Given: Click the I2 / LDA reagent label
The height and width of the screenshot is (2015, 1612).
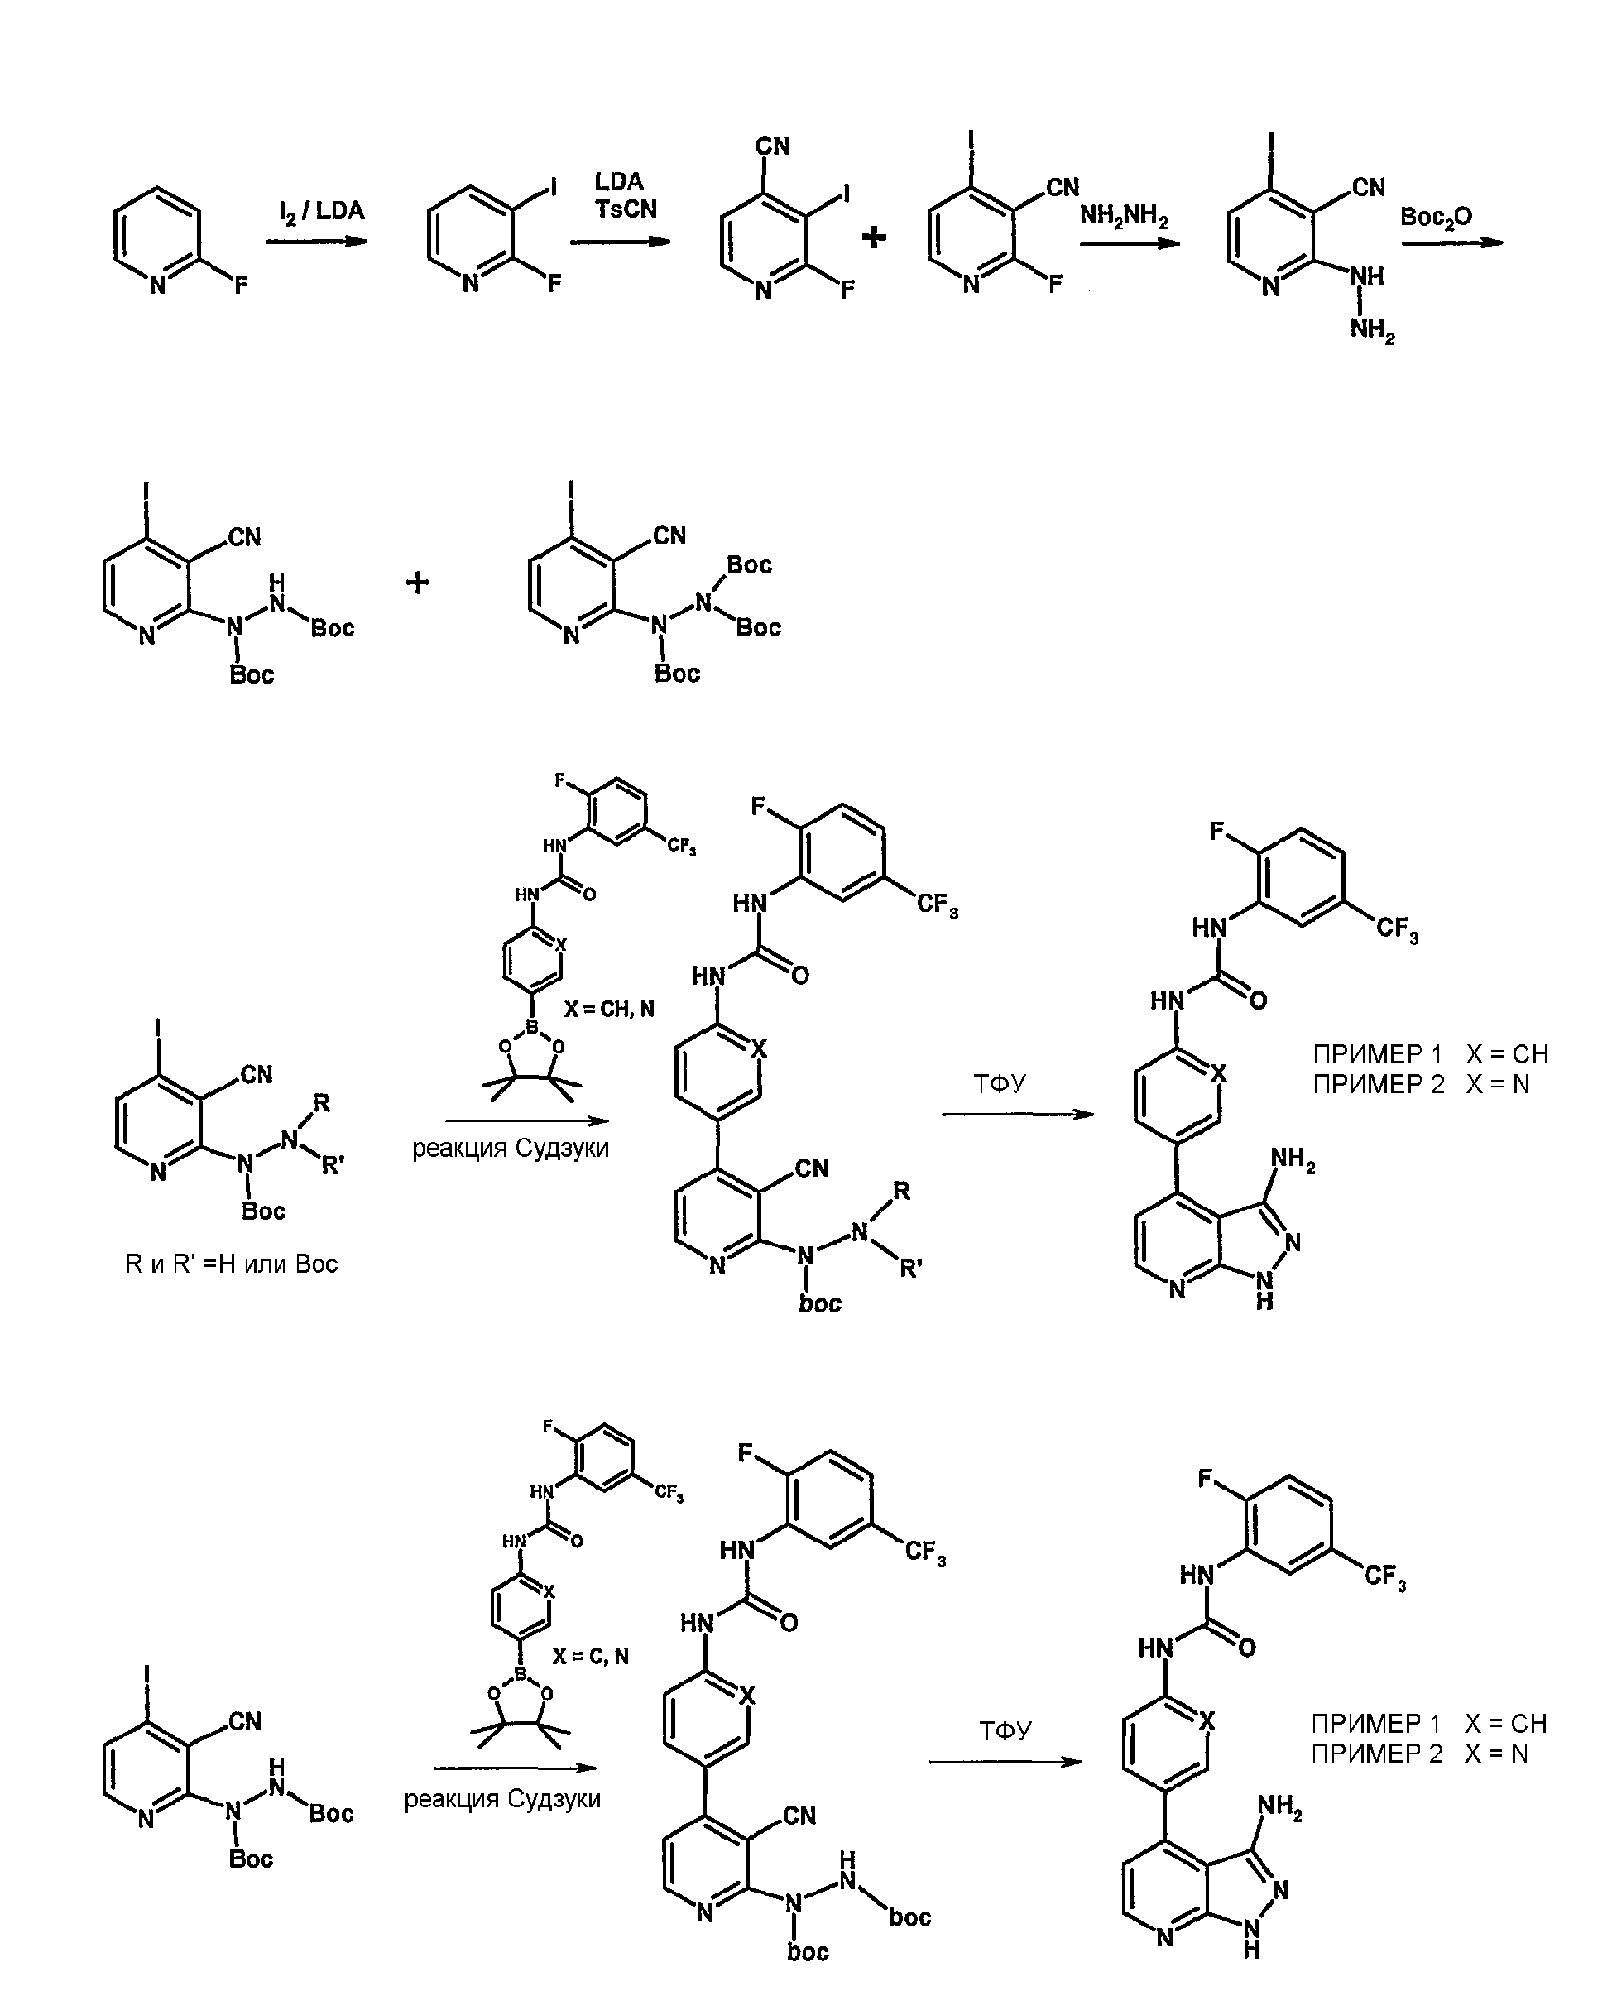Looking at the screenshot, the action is pos(321,211).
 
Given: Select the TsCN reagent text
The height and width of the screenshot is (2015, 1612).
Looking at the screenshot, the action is pos(626,209).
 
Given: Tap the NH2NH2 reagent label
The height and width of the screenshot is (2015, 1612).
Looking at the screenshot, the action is pos(1125,216).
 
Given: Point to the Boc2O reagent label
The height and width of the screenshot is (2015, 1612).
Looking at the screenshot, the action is pos(1437,218).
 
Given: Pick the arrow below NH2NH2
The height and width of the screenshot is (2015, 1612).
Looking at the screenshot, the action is pos(1130,244).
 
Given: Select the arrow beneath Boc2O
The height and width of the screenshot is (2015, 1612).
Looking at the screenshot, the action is pos(1452,243).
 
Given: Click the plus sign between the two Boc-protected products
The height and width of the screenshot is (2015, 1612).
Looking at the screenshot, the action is pos(418,583).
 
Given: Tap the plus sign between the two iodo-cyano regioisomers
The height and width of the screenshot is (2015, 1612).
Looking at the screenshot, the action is pos(874,237).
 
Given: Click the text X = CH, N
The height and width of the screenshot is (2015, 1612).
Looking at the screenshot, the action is pos(609,1010).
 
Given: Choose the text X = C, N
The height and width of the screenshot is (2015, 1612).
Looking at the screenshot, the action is pos(591,1656).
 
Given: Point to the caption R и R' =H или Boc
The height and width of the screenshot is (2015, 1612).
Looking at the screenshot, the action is pos(231,1264).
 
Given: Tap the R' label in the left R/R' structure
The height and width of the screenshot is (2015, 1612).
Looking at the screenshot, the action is pos(333,1165).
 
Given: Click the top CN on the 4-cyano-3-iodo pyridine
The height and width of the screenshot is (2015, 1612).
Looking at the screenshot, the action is pos(773,146).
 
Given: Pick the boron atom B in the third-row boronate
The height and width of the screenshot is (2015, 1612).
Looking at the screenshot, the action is pos(533,1027).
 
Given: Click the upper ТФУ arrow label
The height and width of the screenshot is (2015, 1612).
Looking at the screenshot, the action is pos(1000,1083).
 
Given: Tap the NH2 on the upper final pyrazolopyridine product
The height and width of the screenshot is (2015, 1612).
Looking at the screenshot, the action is pos(1293,1162).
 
